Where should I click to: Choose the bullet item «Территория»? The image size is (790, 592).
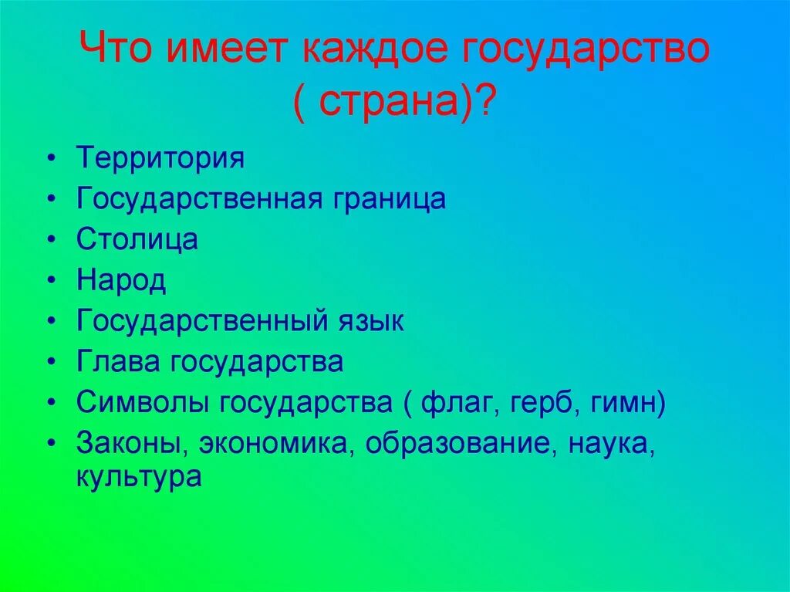coord(160,158)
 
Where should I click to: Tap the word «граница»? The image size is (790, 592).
coord(390,200)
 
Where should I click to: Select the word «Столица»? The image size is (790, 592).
coord(137,239)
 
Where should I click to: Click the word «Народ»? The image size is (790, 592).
coord(121,280)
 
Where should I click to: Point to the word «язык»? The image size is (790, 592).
coord(370,321)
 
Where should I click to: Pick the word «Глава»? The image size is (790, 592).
coord(119,362)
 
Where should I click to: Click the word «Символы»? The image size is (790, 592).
coord(143,403)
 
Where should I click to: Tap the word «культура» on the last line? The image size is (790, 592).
coord(139,477)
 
